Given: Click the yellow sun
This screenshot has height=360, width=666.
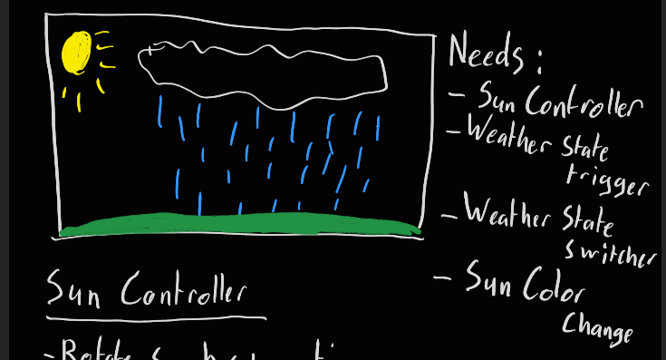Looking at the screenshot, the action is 77,52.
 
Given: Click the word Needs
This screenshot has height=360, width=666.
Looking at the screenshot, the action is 485,54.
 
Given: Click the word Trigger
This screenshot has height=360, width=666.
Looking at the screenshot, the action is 607,179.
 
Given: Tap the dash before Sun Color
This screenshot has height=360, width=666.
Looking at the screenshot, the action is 443,277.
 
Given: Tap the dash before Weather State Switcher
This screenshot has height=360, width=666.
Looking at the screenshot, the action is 449,217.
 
